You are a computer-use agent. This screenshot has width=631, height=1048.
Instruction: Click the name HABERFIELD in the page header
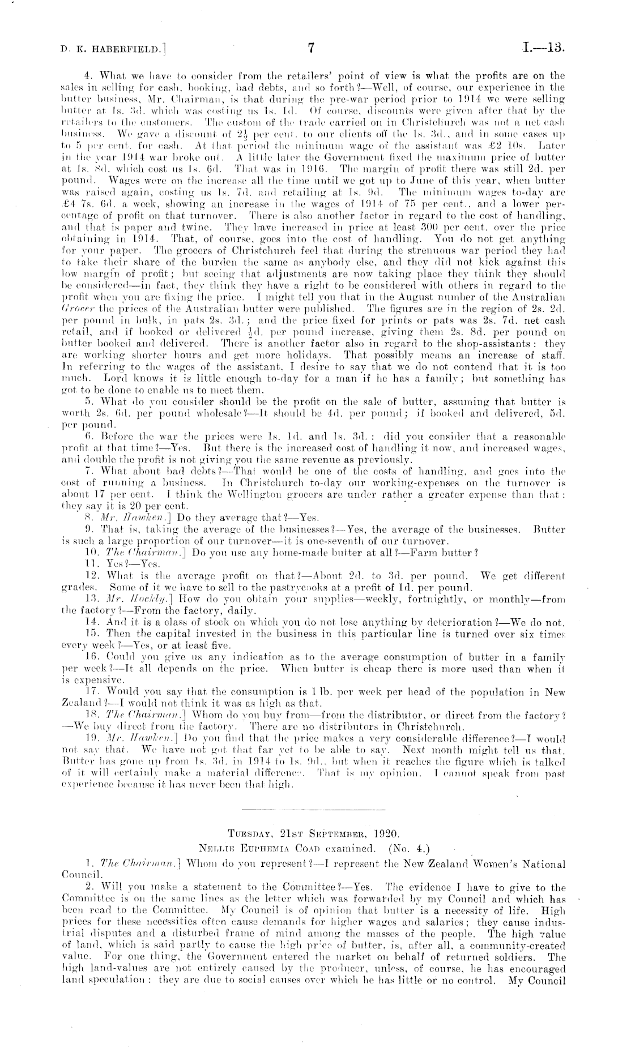point(120,50)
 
